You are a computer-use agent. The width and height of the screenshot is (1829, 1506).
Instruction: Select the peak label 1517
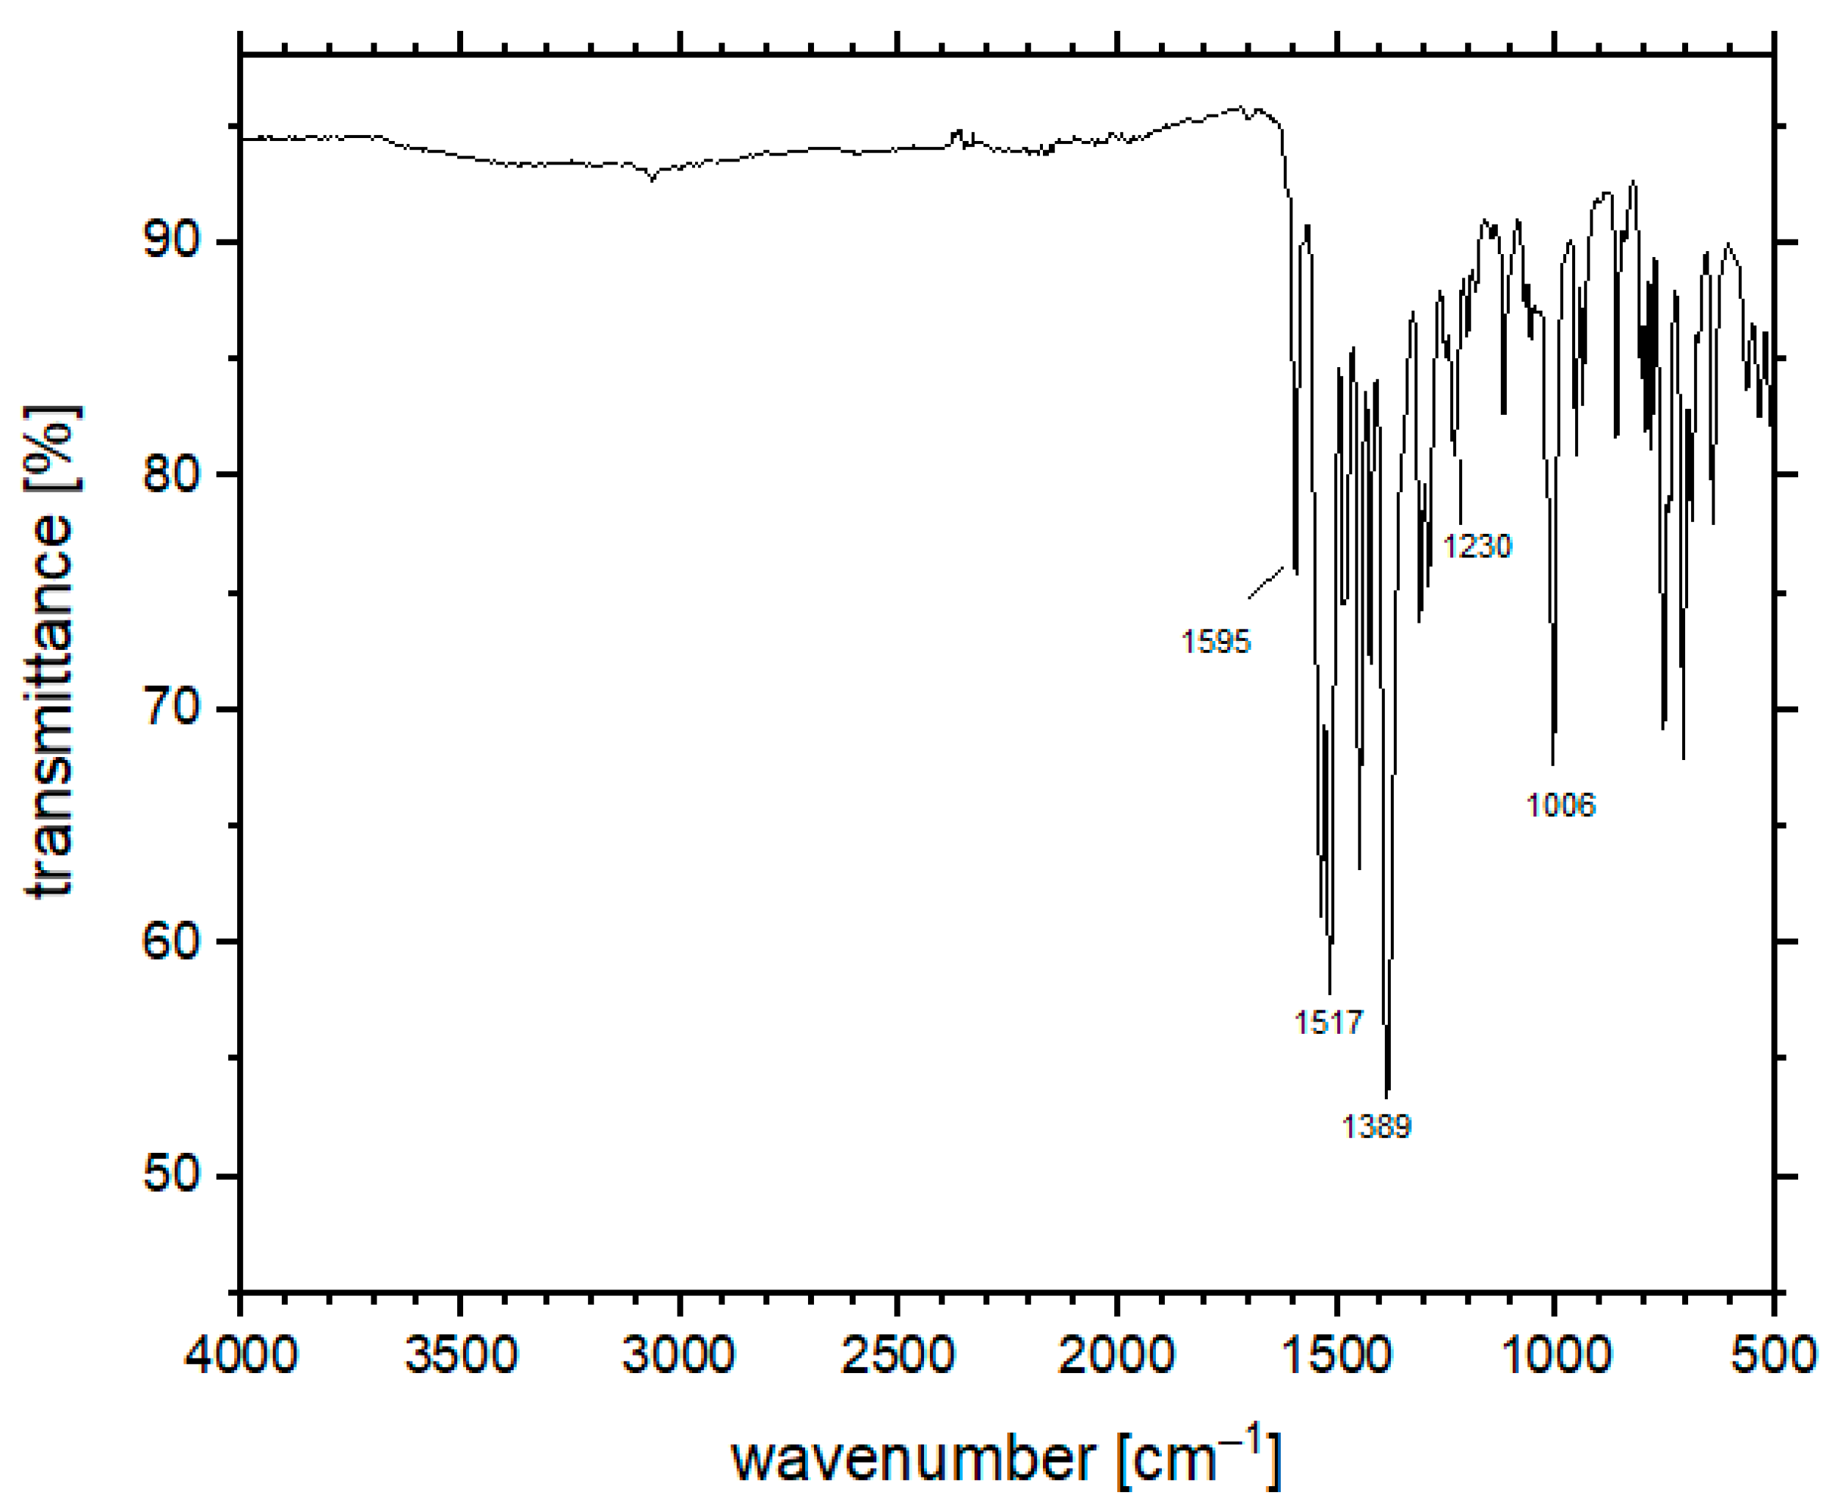1328,1022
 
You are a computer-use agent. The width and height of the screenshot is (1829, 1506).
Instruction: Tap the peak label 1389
1377,1126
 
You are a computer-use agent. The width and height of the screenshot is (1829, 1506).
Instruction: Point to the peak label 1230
1477,546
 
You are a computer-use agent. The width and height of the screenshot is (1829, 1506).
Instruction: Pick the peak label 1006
1560,805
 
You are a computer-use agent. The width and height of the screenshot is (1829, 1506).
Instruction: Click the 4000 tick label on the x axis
241,1353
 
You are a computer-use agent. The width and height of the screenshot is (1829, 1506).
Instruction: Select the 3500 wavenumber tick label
460,1353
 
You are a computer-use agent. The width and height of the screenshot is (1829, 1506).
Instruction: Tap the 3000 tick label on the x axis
679,1353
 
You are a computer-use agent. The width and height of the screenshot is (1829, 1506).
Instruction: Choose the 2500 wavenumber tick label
898,1353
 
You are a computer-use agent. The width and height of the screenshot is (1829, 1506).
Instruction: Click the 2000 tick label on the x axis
1117,1353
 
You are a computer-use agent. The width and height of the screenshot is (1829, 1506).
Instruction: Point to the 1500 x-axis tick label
1337,1353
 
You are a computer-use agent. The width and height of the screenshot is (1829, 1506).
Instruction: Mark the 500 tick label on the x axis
1772,1353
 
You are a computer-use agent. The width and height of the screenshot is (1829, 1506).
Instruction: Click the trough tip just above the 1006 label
1552,764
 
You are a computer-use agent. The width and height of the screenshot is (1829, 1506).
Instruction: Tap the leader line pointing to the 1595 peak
1266,582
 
